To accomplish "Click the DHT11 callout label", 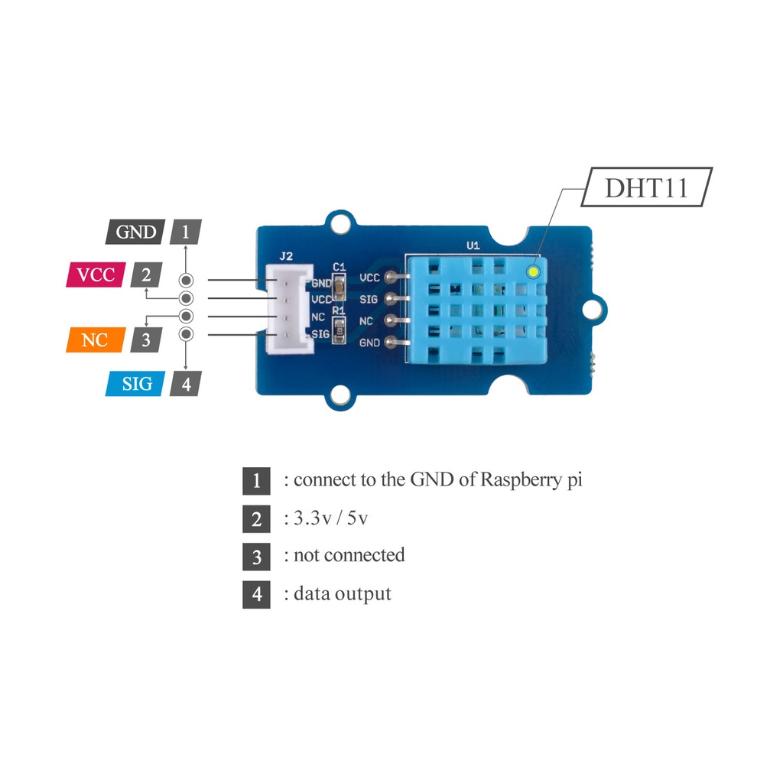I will click(646, 187).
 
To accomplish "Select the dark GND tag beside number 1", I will click(135, 232).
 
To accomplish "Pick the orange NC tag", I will click(95, 340).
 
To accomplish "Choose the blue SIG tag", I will click(137, 383).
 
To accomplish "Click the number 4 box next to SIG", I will click(185, 383).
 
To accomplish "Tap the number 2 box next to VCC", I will click(146, 275).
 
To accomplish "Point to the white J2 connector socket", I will click(289, 309).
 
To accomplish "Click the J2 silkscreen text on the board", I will click(287, 257).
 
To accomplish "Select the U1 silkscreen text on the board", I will click(473, 245).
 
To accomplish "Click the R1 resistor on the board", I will click(340, 331).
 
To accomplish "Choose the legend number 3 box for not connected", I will click(256, 556).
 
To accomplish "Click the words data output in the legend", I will click(342, 593).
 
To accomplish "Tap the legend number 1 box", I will click(256, 481).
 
